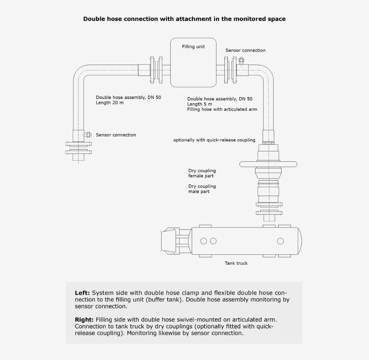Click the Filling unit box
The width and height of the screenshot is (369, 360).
pyautogui.click(x=193, y=62)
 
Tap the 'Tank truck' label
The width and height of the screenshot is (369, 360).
pyautogui.click(x=236, y=263)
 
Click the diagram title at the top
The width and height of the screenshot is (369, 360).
pyautogui.click(x=184, y=19)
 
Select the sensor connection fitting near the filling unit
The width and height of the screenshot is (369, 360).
pyautogui.click(x=241, y=60)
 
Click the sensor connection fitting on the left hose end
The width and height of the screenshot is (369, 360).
pyautogui.click(x=88, y=135)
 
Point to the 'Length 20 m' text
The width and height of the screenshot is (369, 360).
pyautogui.click(x=110, y=103)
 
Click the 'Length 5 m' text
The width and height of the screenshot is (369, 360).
pyautogui.click(x=200, y=104)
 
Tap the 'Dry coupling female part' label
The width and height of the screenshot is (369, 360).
pyautogui.click(x=202, y=173)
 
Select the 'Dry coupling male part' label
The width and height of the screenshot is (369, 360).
pyautogui.click(x=202, y=189)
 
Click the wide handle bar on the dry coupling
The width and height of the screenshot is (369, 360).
pyautogui.click(x=268, y=164)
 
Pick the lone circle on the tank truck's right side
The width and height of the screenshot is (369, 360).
pyautogui.click(x=280, y=241)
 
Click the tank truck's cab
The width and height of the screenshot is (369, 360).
pyautogui.click(x=170, y=241)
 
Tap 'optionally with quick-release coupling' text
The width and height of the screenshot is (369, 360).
pyautogui.click(x=214, y=140)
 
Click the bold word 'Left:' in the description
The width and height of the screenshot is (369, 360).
pyautogui.click(x=82, y=293)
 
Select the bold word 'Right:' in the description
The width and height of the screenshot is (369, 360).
pyautogui.click(x=84, y=320)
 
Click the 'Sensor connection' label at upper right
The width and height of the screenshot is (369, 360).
pyautogui.click(x=245, y=50)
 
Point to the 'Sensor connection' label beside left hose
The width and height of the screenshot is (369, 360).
pyautogui.click(x=116, y=135)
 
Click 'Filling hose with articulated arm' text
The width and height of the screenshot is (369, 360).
pyautogui.click(x=222, y=109)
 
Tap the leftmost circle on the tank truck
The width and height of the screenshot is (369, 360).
pyautogui.click(x=204, y=241)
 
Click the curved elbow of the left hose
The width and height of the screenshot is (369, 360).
pyautogui.click(x=78, y=73)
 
